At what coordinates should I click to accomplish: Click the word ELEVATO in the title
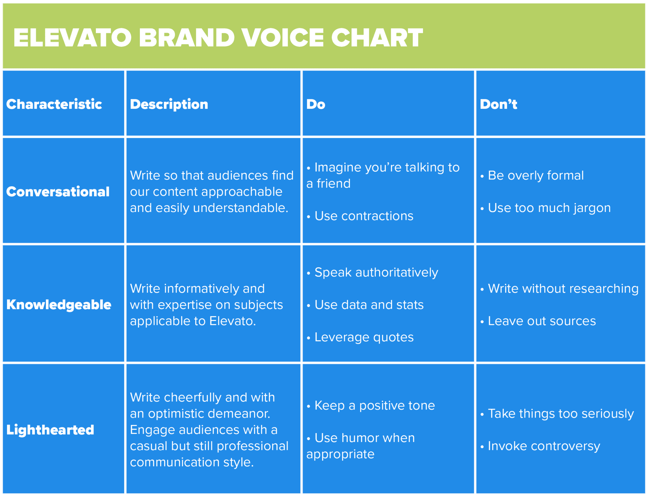[72, 38]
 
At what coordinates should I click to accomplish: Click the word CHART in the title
[377, 38]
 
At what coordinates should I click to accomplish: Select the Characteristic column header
[54, 104]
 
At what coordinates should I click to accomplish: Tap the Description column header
[169, 104]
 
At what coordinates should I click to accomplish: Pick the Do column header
[315, 104]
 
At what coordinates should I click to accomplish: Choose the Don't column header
[498, 104]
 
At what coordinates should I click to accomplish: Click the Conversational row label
[58, 192]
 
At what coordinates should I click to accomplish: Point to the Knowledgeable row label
[59, 305]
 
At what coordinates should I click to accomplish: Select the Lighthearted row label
[50, 430]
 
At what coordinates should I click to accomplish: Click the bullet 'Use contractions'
[364, 216]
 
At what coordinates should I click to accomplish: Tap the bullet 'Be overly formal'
[535, 176]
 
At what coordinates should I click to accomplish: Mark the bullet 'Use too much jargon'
[549, 208]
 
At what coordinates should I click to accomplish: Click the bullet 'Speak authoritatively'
[376, 272]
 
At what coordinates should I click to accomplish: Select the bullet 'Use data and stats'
[369, 305]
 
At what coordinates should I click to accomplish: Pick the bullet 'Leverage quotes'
[364, 337]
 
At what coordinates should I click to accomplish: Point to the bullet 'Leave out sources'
[541, 321]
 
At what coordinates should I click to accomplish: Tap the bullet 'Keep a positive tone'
[374, 406]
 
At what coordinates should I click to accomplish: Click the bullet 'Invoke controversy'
[544, 446]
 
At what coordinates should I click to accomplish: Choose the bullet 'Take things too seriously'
[560, 414]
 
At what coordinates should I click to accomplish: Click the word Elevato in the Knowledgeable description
[232, 321]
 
